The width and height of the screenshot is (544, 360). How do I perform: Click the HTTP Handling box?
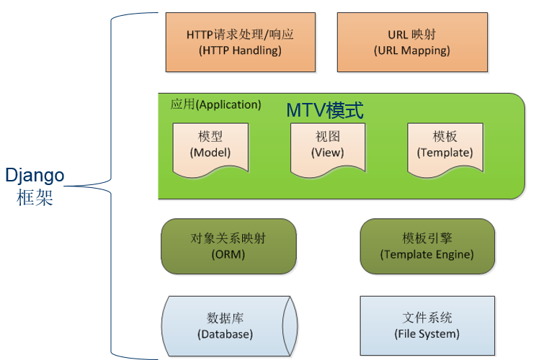[239, 42]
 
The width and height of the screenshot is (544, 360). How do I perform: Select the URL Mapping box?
[411, 42]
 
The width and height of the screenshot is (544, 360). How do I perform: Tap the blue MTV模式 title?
[325, 111]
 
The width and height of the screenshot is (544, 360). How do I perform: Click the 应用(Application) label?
[215, 104]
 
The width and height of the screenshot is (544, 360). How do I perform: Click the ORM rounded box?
[228, 246]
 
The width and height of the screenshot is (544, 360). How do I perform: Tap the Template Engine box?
[427, 246]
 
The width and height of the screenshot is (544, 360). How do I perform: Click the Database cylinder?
[228, 325]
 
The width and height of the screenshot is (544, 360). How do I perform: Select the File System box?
[427, 325]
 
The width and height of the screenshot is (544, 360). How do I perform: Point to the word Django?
[35, 176]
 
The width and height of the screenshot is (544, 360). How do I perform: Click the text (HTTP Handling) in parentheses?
[239, 50]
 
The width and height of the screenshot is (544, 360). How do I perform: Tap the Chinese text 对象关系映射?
[228, 238]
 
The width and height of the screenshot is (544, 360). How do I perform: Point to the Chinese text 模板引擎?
[427, 238]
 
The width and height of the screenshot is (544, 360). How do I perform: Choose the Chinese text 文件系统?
[427, 318]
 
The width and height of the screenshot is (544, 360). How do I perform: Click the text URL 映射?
[411, 34]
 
